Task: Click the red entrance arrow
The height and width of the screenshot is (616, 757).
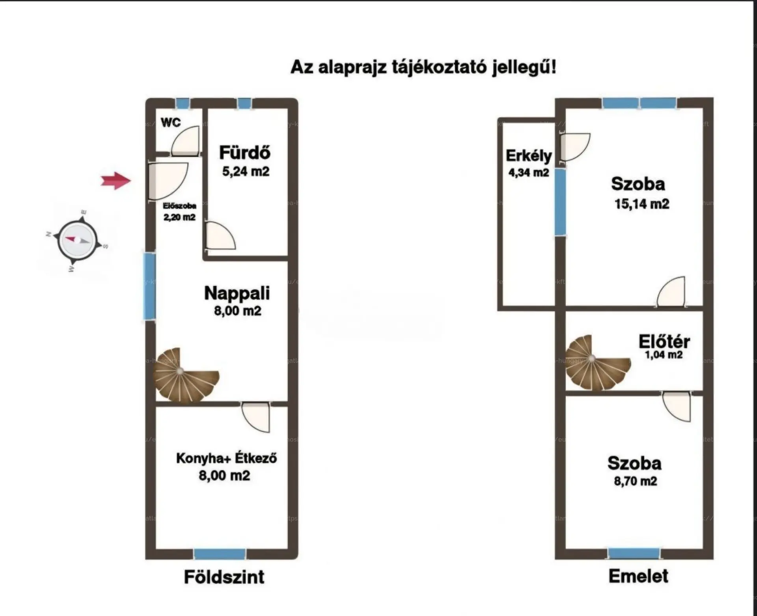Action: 116,181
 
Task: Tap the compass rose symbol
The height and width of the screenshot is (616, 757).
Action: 76,240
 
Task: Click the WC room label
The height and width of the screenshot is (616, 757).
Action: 171,123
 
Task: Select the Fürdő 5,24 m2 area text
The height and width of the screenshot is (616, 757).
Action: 246,172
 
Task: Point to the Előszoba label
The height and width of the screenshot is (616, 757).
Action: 179,206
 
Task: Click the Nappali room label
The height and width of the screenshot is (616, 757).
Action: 237,293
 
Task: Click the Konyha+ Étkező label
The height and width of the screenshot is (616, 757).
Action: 226,458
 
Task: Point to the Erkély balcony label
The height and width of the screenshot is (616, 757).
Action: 529,156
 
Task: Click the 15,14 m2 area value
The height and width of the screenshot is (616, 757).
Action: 641,204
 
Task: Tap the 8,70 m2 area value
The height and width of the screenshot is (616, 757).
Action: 635,481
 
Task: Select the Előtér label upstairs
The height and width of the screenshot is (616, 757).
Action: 664,342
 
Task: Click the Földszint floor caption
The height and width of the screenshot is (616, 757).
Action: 224,577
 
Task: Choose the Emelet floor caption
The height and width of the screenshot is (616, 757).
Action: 638,576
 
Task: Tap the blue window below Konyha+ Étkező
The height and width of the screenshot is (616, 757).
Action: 220,554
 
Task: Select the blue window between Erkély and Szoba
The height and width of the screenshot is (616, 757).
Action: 560,202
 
